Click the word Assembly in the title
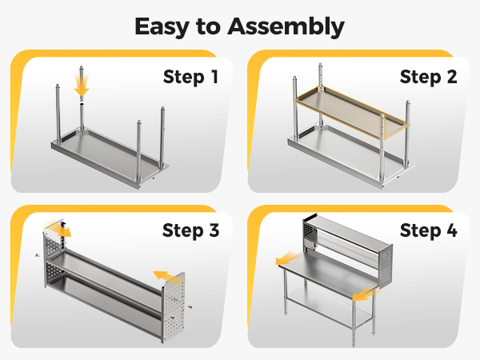point(286,27)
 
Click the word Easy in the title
point(162,27)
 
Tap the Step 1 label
point(190,77)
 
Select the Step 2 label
point(428,77)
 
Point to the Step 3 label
point(190,230)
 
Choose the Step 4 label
point(428,230)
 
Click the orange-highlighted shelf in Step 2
point(351,112)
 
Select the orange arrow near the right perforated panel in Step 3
point(168,276)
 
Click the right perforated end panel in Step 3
point(174,308)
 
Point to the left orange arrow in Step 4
point(288,258)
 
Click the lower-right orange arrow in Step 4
point(366,294)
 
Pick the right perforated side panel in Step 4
point(386,266)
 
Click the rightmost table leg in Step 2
point(407,133)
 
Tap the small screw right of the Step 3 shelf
point(190,306)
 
